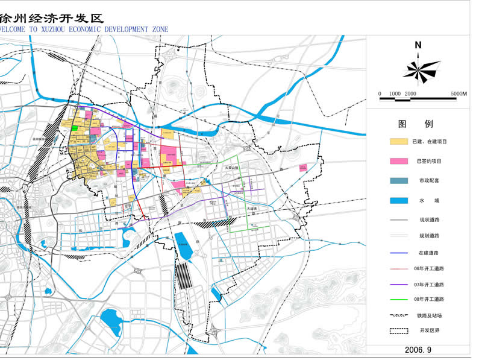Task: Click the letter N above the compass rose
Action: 418,45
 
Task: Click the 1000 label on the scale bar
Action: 395,94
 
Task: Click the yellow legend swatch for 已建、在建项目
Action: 399,142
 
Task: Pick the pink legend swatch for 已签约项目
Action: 399,162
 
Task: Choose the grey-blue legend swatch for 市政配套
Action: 399,181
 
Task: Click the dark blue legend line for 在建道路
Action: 399,253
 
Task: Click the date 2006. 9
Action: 418,349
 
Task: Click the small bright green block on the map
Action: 75,127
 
